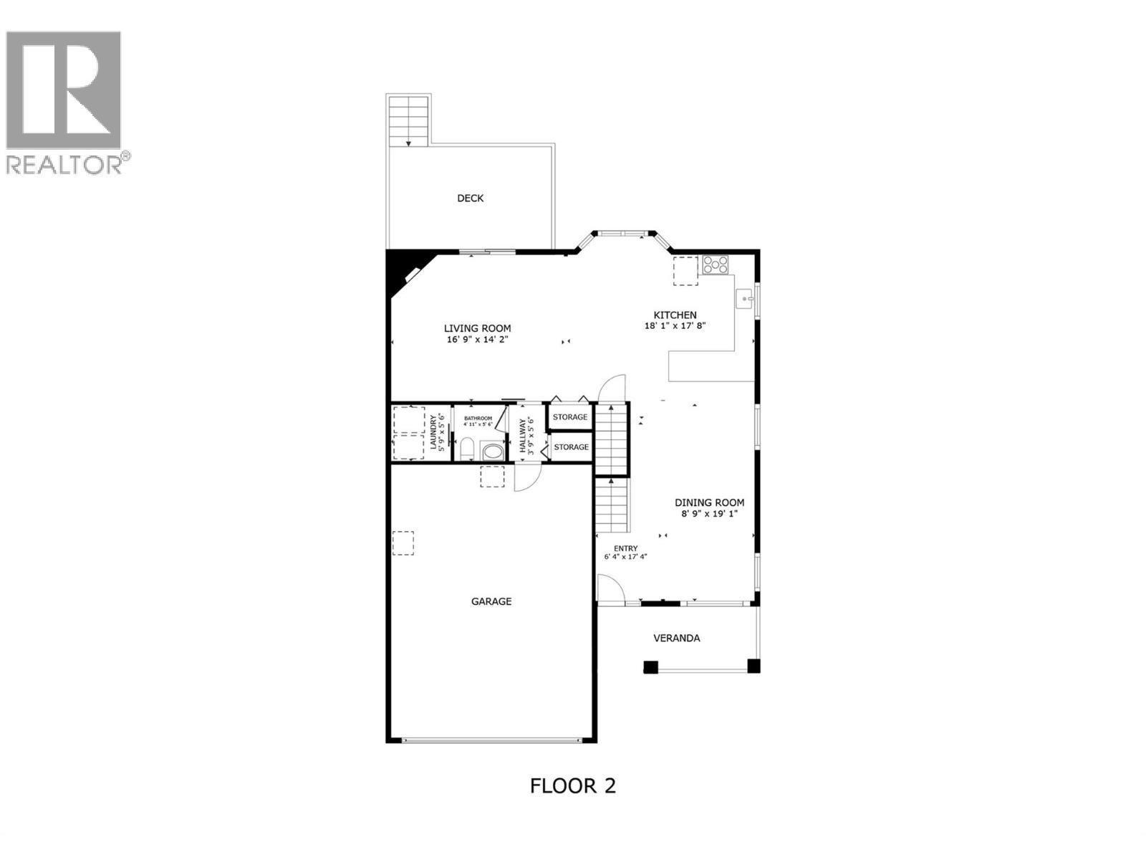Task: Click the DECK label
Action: (x=471, y=199)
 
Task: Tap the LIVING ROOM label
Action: (x=477, y=328)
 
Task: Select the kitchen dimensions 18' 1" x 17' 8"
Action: (x=675, y=325)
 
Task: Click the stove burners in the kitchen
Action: (x=715, y=264)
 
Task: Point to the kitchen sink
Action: (x=746, y=297)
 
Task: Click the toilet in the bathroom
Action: (x=466, y=450)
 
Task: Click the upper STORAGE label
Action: (x=570, y=417)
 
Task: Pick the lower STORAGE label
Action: (x=571, y=447)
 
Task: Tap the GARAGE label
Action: (x=491, y=602)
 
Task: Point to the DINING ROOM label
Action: (x=709, y=503)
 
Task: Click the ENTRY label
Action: (x=625, y=549)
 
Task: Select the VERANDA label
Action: (x=677, y=638)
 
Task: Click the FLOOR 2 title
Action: (x=572, y=785)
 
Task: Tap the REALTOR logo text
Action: (x=64, y=165)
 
